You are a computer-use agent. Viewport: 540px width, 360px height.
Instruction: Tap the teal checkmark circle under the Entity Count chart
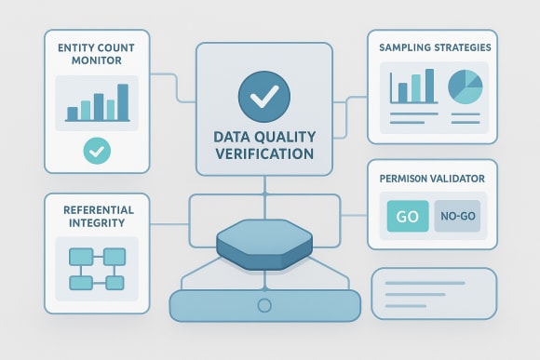pos(96,149)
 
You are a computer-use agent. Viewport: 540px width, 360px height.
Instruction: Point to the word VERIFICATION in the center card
pos(263,153)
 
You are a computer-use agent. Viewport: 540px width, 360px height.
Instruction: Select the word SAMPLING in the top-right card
pos(407,46)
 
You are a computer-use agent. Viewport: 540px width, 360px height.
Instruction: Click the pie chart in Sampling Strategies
pos(466,87)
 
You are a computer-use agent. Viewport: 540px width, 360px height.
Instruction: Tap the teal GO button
pos(407,218)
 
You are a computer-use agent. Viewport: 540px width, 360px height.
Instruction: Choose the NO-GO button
pos(459,218)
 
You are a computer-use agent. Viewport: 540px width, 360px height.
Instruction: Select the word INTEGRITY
pos(97,223)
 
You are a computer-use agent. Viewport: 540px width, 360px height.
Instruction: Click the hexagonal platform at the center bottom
pos(263,245)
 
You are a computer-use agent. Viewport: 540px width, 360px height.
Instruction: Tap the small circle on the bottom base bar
pos(264,304)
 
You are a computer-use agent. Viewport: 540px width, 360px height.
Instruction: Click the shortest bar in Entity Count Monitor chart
pos(72,113)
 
